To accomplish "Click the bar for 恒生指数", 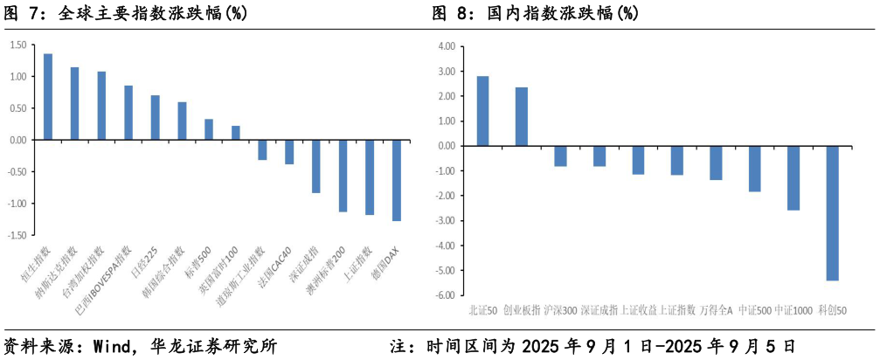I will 48,96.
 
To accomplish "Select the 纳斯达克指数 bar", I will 74,103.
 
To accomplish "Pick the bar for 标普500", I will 209,129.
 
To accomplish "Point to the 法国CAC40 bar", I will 289,152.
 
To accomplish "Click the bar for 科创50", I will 832,213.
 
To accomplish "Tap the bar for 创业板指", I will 522,116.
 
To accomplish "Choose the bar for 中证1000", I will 793,178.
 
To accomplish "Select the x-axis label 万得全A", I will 717,309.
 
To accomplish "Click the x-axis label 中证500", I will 755,309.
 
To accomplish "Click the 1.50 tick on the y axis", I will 17,45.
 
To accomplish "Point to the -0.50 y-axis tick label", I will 15,172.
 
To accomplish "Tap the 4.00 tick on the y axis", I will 447,46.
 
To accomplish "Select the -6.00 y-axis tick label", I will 446,295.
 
